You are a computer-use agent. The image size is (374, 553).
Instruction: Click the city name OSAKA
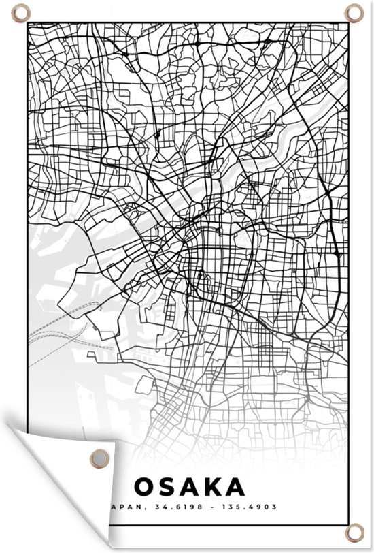[x=189, y=486]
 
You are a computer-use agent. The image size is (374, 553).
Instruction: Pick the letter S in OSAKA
[x=168, y=486]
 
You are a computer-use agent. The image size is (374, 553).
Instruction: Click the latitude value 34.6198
[x=175, y=506]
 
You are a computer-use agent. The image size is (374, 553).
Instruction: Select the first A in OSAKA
[x=190, y=486]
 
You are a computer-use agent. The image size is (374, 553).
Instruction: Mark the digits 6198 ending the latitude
[x=184, y=506]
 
